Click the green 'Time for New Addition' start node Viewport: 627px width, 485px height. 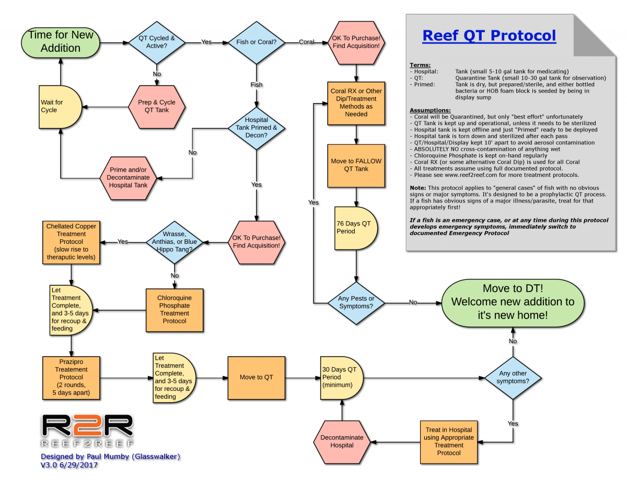61,41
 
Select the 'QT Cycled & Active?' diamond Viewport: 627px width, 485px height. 157,42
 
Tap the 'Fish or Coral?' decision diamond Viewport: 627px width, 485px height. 256,42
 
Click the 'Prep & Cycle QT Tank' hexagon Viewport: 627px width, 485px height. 157,106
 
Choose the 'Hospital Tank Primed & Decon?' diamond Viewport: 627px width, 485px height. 256,128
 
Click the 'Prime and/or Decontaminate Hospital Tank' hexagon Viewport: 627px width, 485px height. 128,177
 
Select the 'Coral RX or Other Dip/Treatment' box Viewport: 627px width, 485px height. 356,102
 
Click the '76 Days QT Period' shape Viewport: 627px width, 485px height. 354,227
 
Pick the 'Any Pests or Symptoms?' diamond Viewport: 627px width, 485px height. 356,302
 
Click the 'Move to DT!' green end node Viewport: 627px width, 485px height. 512,302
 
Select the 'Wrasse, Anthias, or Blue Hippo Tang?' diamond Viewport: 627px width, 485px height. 173,242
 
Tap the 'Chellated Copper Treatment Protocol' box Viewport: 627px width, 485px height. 71,242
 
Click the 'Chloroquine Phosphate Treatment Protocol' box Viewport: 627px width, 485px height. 174,309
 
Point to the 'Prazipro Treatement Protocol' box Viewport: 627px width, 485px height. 71,377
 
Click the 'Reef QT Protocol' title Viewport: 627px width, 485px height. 489,36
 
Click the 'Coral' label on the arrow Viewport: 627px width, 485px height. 307,42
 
